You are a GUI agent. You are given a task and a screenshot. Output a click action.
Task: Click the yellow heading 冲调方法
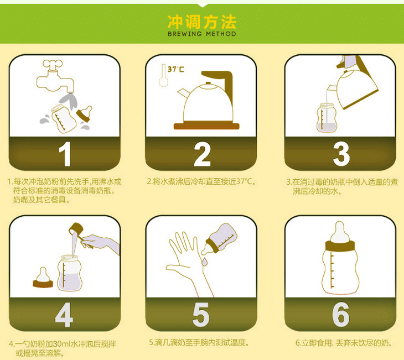click(x=202, y=22)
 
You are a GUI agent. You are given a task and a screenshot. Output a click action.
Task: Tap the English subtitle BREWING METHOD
click(x=202, y=34)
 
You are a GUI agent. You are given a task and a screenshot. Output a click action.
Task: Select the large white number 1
click(x=65, y=154)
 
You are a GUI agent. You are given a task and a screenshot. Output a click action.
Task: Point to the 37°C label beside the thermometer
click(x=176, y=69)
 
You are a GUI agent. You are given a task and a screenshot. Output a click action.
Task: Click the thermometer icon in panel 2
click(x=163, y=75)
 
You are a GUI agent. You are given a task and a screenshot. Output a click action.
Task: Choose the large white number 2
click(x=202, y=154)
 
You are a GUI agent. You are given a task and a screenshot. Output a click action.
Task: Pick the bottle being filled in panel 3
click(x=327, y=118)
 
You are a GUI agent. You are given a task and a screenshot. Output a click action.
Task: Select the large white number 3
click(x=341, y=154)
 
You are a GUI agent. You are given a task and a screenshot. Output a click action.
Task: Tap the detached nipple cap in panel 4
click(x=43, y=278)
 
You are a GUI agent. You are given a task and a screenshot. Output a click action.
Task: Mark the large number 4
click(x=64, y=315)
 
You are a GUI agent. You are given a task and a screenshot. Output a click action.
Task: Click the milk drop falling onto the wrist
click(x=204, y=262)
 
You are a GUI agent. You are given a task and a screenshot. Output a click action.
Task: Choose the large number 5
click(x=201, y=315)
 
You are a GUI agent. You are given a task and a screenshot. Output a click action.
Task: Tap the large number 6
click(x=340, y=315)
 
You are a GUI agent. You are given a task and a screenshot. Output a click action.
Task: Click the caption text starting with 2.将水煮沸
click(x=201, y=181)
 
